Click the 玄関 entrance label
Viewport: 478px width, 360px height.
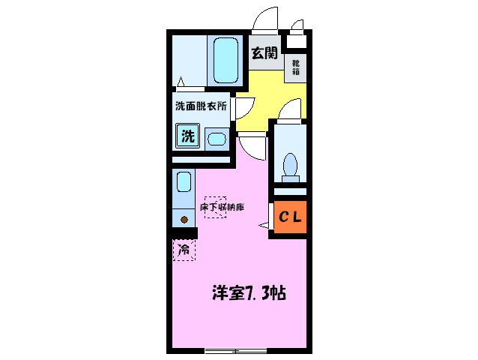coord(264,53)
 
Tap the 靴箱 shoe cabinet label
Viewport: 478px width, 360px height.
coord(296,67)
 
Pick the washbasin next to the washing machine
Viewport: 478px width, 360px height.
coord(217,139)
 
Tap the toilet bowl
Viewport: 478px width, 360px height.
coord(291,164)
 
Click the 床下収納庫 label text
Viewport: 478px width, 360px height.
coord(223,206)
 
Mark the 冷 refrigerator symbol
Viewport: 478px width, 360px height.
coord(184,248)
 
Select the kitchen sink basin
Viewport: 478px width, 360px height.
coord(184,181)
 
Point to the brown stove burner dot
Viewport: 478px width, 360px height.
coord(184,220)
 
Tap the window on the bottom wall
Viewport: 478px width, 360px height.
coord(235,350)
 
